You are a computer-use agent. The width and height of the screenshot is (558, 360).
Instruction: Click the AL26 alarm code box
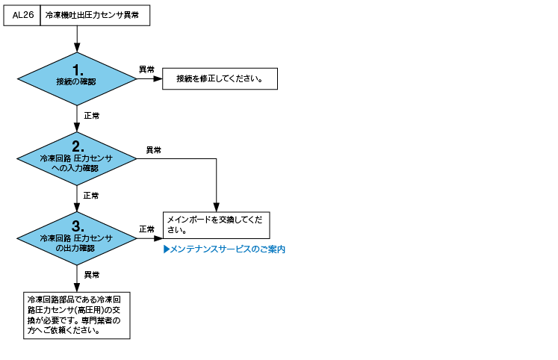[x=22, y=15]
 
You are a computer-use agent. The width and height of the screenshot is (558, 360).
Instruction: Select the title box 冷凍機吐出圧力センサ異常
[x=95, y=15]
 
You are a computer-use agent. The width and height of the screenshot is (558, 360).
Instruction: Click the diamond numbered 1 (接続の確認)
[x=77, y=79]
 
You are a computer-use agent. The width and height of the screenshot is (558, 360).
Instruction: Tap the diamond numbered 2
[x=77, y=158]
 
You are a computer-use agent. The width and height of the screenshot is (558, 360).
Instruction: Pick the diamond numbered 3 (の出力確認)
[x=77, y=238]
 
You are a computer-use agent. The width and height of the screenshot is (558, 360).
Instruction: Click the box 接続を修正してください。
[x=220, y=78]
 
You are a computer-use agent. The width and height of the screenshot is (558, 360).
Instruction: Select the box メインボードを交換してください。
[x=217, y=225]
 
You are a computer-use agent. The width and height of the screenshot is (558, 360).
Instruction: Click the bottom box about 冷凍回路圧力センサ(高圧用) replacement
[x=77, y=315]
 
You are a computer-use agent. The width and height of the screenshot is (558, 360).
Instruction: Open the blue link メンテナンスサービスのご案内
[x=225, y=249]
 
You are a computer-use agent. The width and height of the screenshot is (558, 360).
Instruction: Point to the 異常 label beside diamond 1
[x=146, y=69]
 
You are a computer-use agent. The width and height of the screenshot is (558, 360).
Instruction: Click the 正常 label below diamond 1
[x=92, y=116]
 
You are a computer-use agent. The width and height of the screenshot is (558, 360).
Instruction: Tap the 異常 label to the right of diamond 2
[x=154, y=150]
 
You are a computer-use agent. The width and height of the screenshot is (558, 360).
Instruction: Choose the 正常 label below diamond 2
[x=91, y=196]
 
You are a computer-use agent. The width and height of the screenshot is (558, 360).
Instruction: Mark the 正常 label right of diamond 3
[x=146, y=229]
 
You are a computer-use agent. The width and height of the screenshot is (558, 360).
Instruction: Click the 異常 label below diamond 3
[x=92, y=275]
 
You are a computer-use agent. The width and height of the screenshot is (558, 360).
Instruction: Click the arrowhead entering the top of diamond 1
[x=77, y=48]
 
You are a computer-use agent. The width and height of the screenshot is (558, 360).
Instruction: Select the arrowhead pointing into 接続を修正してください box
[x=158, y=78]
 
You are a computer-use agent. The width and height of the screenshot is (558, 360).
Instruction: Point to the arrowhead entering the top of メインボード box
[x=217, y=208]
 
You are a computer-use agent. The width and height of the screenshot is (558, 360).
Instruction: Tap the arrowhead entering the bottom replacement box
[x=77, y=288]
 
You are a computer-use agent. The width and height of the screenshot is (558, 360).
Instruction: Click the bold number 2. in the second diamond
[x=78, y=146]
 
